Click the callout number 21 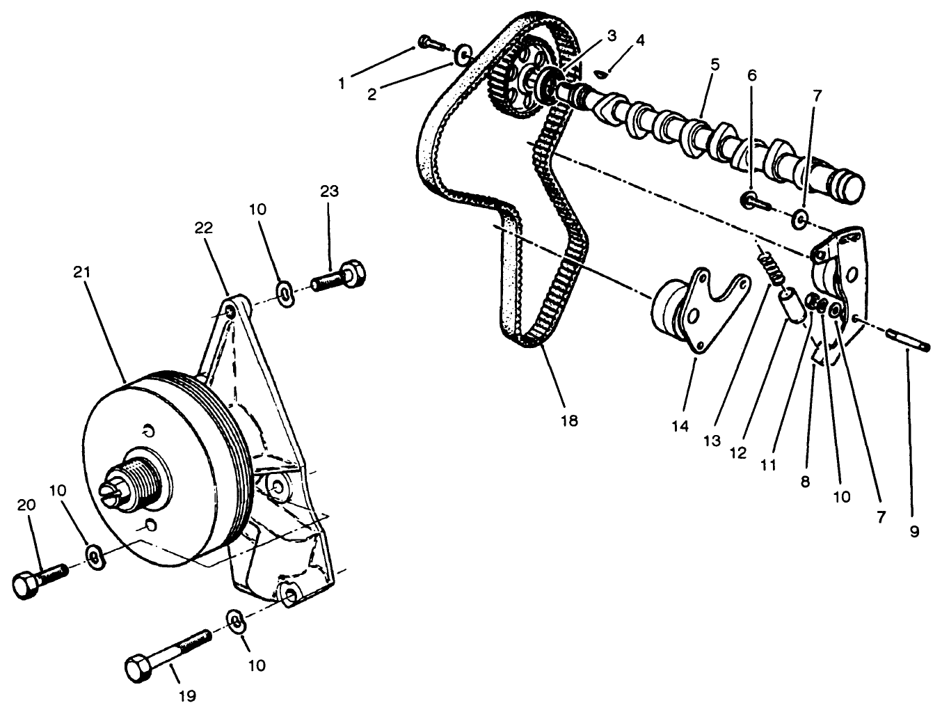pos(81,272)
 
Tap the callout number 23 pos(329,191)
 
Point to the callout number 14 pos(680,425)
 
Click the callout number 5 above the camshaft pos(715,63)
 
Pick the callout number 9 pos(913,531)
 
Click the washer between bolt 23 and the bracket pos(285,294)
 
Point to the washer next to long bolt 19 pos(234,620)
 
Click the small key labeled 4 pos(602,72)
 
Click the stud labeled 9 pos(909,342)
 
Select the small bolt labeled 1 pos(430,44)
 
